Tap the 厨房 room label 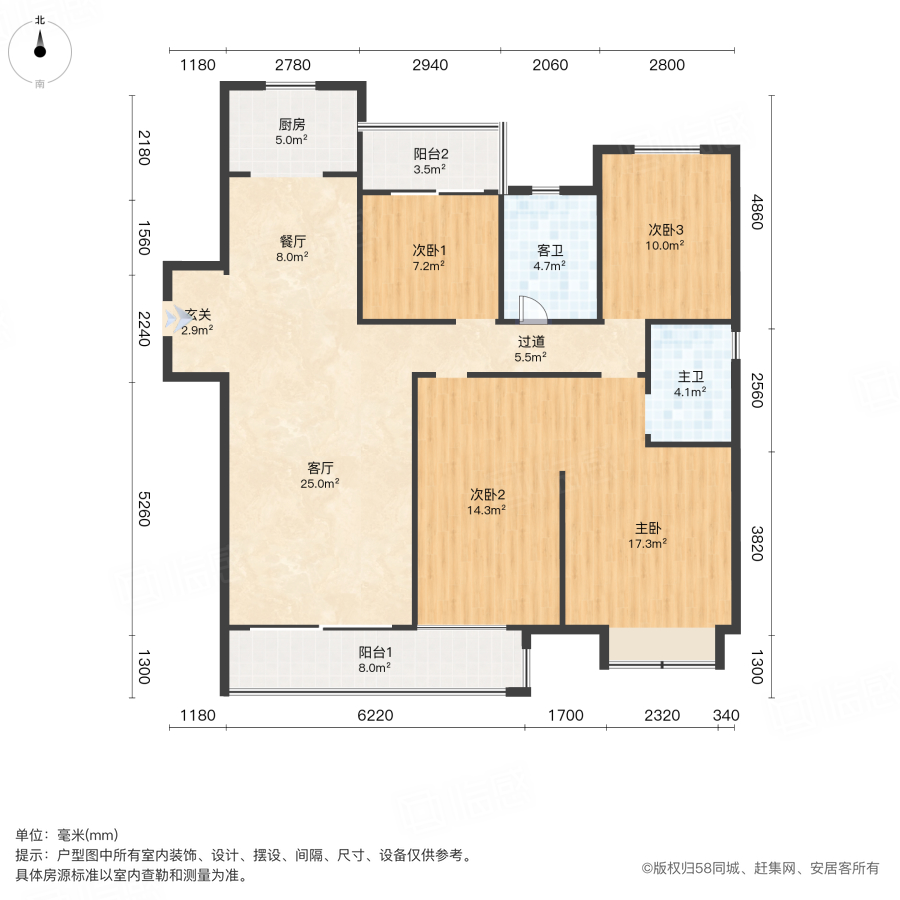[x=291, y=125]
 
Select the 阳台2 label [x=431, y=154]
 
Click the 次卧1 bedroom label [x=428, y=250]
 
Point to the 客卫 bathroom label [x=549, y=250]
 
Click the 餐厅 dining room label [x=292, y=241]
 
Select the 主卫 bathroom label [x=691, y=377]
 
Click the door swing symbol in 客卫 [x=531, y=309]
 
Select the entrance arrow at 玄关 [x=177, y=321]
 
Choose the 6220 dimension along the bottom [x=375, y=715]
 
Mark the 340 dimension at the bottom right [x=726, y=715]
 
